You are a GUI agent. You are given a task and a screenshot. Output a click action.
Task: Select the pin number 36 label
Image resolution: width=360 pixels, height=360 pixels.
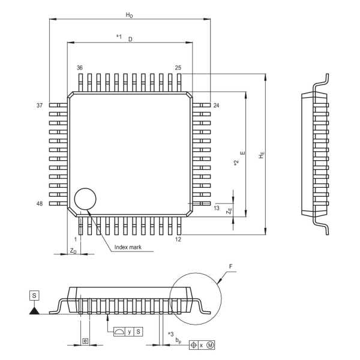point(79,68)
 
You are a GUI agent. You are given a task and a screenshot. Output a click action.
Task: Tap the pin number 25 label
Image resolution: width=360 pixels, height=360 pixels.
point(178,68)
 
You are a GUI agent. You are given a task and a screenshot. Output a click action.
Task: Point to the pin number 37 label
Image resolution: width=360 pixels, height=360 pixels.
point(40,105)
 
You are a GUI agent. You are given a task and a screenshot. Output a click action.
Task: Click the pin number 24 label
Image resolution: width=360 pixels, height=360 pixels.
point(216,105)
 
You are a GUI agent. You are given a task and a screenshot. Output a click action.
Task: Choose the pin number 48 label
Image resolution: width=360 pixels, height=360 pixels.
point(40,204)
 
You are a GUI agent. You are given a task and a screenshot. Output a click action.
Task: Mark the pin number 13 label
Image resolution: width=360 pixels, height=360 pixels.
point(216,208)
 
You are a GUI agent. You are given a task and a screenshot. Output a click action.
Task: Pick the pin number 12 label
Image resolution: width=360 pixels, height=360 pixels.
point(178,239)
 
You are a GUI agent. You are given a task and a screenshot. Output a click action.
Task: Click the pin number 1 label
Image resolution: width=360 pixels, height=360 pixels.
point(76,239)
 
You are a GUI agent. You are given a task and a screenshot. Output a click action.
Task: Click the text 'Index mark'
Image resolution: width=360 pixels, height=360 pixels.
point(127,247)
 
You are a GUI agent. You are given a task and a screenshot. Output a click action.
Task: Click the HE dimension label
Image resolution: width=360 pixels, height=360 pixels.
point(260,155)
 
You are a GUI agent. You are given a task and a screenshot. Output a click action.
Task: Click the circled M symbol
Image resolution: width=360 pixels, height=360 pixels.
point(211,345)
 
